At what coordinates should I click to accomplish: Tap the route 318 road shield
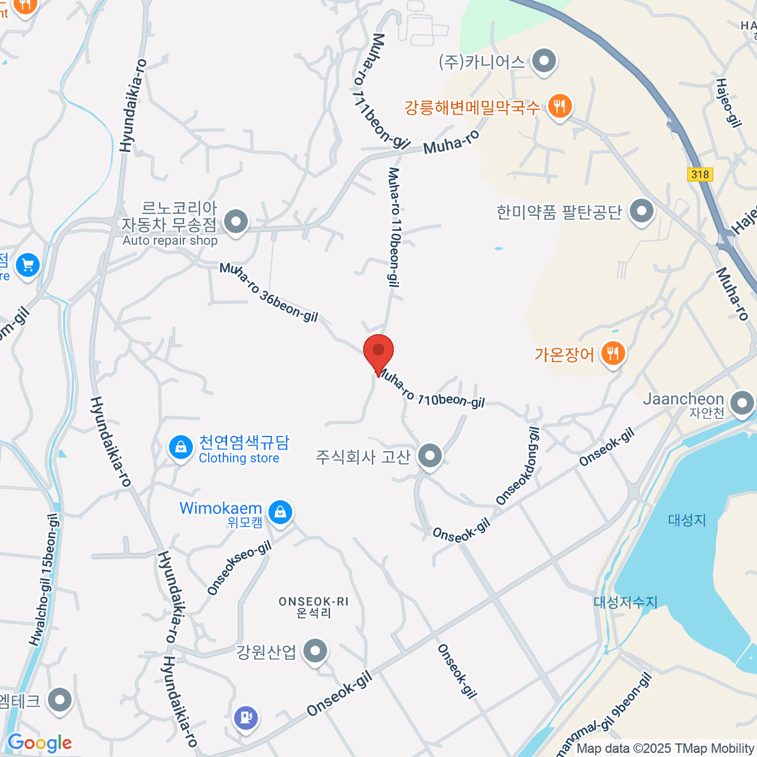pyautogui.click(x=700, y=174)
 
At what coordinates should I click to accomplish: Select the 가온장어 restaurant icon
pyautogui.click(x=613, y=353)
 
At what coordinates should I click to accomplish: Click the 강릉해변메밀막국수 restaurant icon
pyautogui.click(x=559, y=106)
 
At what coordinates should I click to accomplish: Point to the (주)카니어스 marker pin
pyautogui.click(x=543, y=62)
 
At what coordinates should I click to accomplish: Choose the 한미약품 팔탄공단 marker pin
pyautogui.click(x=642, y=211)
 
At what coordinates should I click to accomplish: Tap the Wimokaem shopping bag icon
pyautogui.click(x=280, y=511)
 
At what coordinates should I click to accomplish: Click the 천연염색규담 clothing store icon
pyautogui.click(x=181, y=448)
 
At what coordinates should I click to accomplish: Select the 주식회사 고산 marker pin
pyautogui.click(x=430, y=455)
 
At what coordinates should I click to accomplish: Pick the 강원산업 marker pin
pyautogui.click(x=315, y=650)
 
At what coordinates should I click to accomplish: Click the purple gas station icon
pyautogui.click(x=246, y=717)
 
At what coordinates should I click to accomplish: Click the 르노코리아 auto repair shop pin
pyautogui.click(x=237, y=222)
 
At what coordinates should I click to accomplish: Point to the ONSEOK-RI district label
pyautogui.click(x=314, y=607)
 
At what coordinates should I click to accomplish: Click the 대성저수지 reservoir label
pyautogui.click(x=625, y=602)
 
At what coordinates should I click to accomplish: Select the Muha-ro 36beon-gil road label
pyautogui.click(x=269, y=292)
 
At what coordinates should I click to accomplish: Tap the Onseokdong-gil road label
pyautogui.click(x=518, y=466)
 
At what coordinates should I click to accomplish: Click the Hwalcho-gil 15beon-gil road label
pyautogui.click(x=45, y=579)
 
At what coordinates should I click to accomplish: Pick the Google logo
pyautogui.click(x=39, y=742)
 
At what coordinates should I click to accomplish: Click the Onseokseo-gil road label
pyautogui.click(x=239, y=568)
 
